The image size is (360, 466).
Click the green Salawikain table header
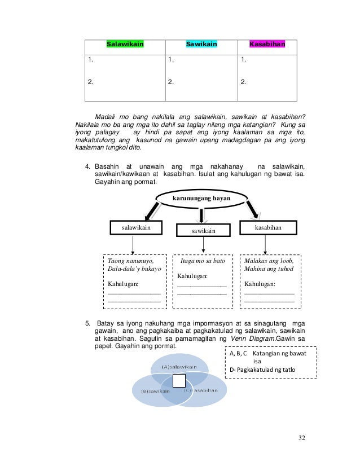point(125,43)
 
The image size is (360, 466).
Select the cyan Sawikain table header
point(201,43)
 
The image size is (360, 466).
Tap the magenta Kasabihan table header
point(267,43)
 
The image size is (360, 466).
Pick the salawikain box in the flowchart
point(133,227)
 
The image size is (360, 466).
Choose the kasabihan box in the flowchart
point(268,227)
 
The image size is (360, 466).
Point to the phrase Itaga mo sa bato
point(203,262)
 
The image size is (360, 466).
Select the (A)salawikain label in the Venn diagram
point(179,367)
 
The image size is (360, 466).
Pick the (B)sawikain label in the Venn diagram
point(152,391)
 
